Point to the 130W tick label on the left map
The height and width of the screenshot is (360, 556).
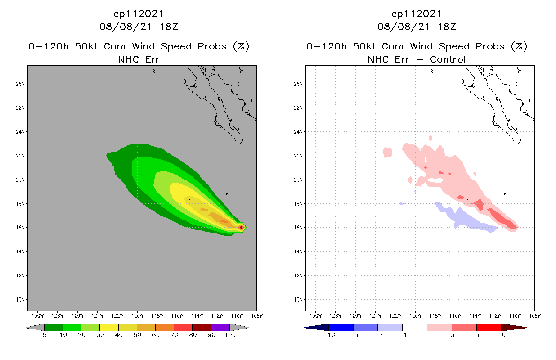coord(37,315)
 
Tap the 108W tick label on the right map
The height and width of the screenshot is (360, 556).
coord(535,315)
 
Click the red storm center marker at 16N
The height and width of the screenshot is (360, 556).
coord(242,227)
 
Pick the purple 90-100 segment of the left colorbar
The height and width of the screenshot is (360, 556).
coord(220,327)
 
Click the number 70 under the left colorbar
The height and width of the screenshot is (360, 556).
coord(174,335)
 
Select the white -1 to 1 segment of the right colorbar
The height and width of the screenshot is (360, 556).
coord(414,327)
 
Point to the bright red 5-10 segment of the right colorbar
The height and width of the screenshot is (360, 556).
coord(488,327)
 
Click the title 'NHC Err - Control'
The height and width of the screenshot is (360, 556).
coord(417,59)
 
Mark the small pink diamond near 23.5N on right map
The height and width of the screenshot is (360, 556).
coord(430,138)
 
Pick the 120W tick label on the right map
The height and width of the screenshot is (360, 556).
coord(415,315)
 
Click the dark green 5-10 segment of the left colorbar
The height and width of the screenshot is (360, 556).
coord(54,327)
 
